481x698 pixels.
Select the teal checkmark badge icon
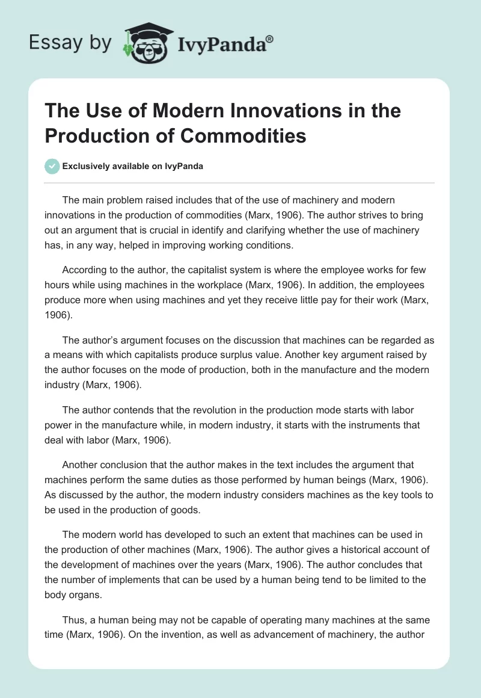coord(52,166)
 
